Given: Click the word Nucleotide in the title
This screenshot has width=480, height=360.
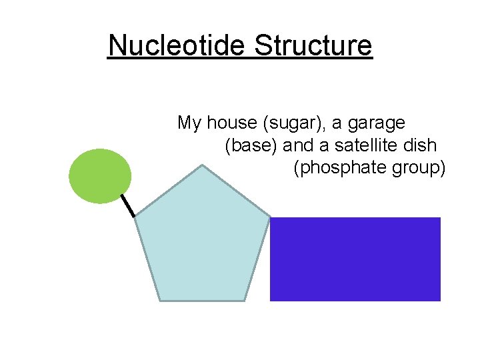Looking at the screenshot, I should pos(177,46).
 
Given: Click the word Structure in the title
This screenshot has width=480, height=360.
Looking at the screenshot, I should pos(313,46).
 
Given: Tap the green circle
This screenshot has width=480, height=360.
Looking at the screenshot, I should pos(100,176).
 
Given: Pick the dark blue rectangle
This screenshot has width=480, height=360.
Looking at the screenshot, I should pos(355,259).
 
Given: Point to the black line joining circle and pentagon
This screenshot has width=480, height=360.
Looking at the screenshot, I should pos(127,206).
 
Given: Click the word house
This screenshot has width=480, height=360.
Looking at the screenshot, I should pos(233,123).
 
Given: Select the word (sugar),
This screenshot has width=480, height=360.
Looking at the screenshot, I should pos(295,123).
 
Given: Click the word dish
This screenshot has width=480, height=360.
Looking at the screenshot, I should pos(423,145).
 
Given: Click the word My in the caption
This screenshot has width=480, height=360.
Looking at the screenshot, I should pos(189,123).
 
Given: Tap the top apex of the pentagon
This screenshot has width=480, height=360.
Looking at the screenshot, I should pos(203,165).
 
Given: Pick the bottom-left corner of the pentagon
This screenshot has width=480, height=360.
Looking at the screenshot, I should pos(161,301).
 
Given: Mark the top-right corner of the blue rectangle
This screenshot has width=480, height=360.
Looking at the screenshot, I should pos(440,218).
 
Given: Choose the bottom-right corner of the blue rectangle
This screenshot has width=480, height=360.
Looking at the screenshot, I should pos(440,300).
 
